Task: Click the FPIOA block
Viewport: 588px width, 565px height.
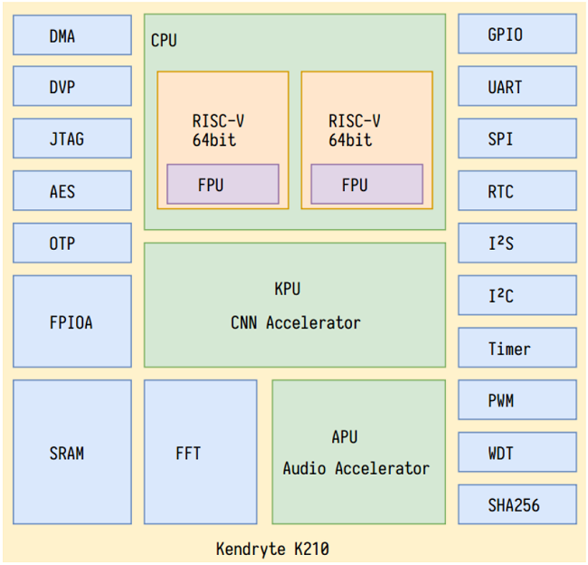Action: (71, 321)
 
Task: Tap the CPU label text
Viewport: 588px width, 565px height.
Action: (164, 41)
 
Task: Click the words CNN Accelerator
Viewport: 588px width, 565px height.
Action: (295, 323)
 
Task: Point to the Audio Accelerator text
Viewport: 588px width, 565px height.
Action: (356, 469)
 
